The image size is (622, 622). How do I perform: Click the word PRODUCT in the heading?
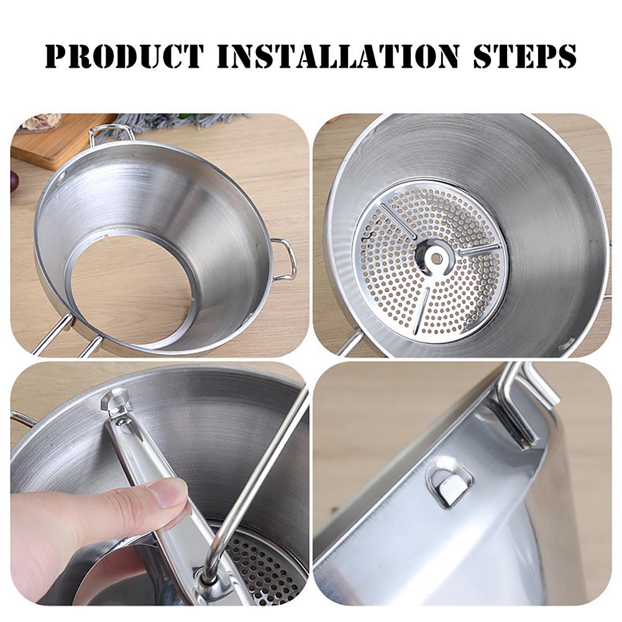pyautogui.click(x=124, y=56)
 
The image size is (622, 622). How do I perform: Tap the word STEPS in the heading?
pyautogui.click(x=524, y=56)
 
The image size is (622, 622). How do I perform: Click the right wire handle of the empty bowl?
pyautogui.click(x=285, y=258)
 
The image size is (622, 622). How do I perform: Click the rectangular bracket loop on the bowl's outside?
pyautogui.click(x=449, y=482)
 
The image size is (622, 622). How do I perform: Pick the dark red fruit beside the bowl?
pyautogui.click(x=14, y=181)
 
